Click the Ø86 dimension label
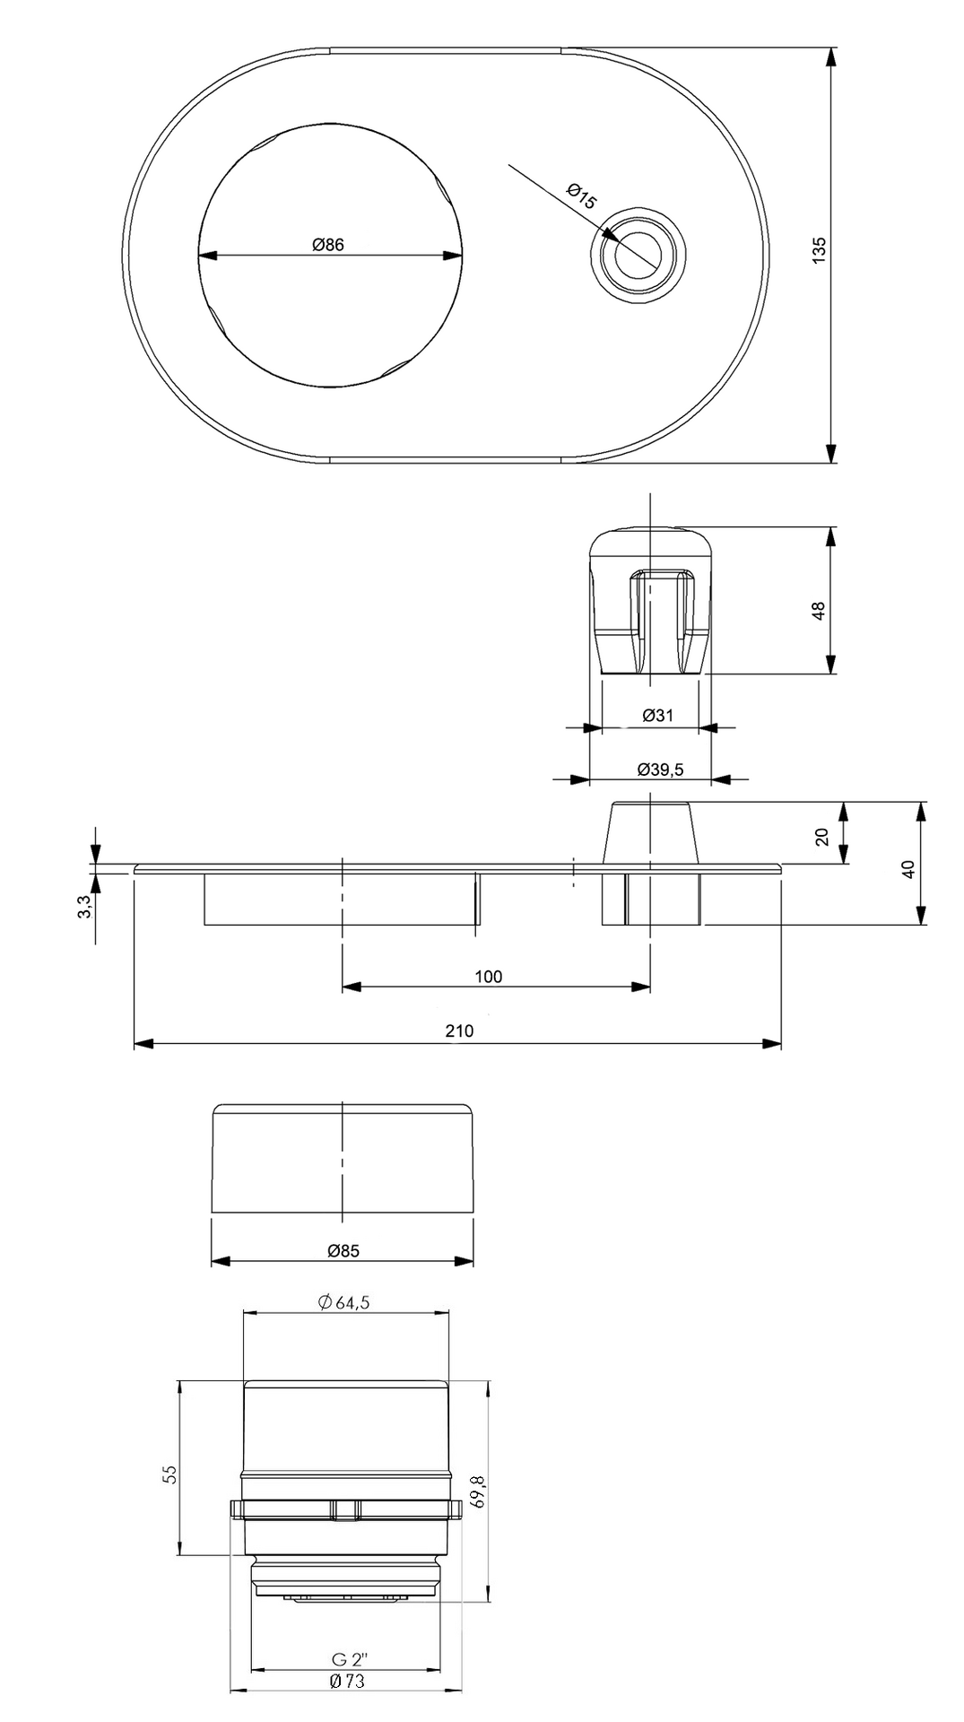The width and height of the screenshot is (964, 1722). pos(328,244)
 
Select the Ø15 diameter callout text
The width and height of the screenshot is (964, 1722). pos(581,196)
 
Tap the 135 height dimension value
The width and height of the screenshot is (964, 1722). pos(819,249)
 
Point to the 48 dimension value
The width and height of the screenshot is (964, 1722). pos(819,611)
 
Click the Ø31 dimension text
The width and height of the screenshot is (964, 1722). pos(658,716)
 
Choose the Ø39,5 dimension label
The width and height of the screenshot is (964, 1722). pos(660,770)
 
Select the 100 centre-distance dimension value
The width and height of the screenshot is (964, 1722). pos(489,977)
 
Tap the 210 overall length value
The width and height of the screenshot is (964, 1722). pos(459,1031)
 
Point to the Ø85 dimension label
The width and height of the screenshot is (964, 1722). pos(343,1251)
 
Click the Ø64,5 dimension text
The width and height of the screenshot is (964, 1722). pos(343,1303)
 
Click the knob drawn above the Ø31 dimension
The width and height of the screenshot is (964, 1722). pos(651,601)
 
